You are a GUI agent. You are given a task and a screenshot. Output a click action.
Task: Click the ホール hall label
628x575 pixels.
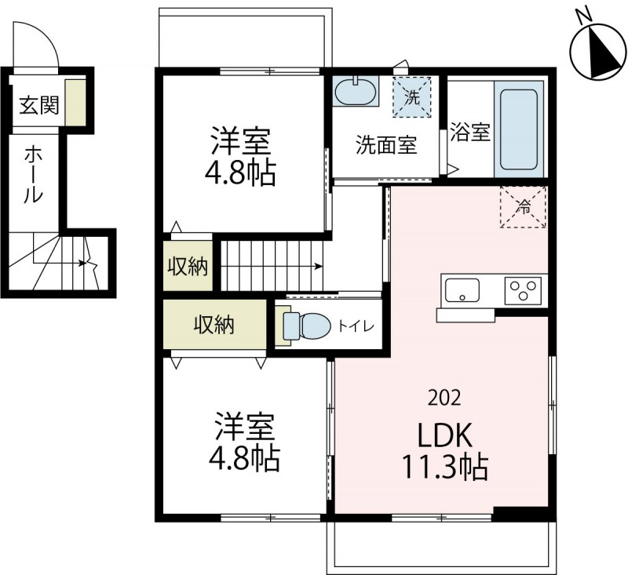click(33, 173)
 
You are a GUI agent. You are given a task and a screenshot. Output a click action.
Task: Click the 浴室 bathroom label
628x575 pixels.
click(470, 132)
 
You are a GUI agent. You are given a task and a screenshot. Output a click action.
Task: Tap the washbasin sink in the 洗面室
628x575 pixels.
click(356, 92)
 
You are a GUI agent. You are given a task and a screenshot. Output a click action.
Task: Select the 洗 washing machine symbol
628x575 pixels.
click(413, 96)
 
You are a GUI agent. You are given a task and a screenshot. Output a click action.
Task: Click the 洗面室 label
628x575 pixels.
click(385, 145)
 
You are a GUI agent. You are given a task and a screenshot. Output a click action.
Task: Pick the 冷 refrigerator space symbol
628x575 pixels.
click(523, 207)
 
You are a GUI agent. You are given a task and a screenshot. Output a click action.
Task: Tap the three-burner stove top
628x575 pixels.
click(524, 290)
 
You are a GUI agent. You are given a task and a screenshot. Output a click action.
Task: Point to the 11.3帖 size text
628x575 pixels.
click(446, 468)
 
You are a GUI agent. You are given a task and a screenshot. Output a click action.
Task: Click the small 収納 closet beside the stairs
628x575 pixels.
click(188, 266)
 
